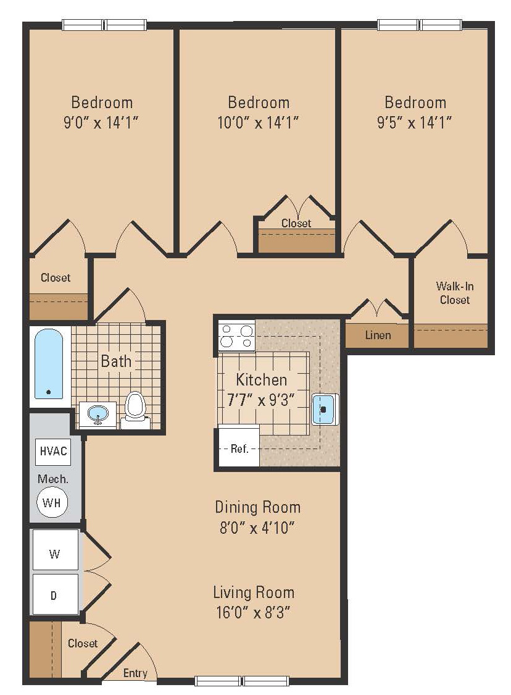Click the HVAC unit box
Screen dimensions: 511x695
[x=52, y=451]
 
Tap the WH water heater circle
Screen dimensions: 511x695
[x=51, y=503]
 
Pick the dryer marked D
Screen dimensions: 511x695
[x=55, y=594]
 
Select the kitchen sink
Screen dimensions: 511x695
[x=325, y=409]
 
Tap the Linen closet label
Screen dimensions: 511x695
[x=378, y=335]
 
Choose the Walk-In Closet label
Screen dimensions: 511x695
[x=455, y=293]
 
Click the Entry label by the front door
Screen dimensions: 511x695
[x=135, y=673]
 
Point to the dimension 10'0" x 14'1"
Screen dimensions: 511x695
[x=258, y=122]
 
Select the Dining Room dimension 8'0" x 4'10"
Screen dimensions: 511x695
[x=258, y=528]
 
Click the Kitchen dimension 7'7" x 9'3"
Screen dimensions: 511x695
[x=261, y=400]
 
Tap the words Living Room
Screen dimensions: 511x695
[x=254, y=592]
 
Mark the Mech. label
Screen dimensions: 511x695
[x=53, y=479]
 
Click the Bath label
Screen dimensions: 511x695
[x=116, y=361]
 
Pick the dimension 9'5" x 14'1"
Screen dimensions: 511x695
[x=415, y=122]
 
